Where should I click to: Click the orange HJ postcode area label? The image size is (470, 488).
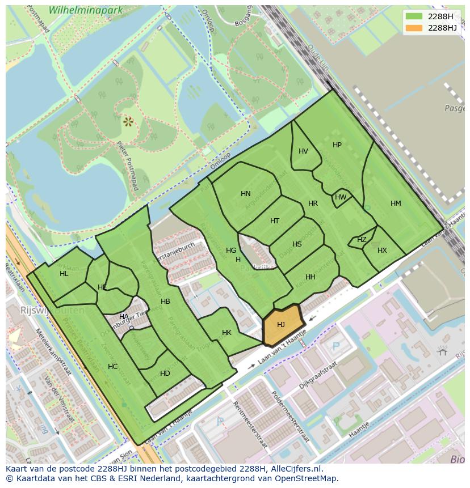pos(281,325)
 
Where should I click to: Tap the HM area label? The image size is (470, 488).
pos(396,203)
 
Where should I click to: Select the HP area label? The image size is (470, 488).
pos(337,145)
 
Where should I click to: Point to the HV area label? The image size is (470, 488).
pos(303,151)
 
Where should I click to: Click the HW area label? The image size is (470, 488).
pos(341,197)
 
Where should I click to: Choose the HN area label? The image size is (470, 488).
pos(245,194)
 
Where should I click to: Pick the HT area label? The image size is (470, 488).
pos(275,221)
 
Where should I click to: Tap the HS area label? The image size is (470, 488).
pos(297,244)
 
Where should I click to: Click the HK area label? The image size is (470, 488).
pos(226,333)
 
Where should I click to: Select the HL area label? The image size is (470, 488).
pos(64,274)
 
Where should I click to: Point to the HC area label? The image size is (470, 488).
pos(112,367)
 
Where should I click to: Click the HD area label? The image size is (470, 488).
pos(165,374)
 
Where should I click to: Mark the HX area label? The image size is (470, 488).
pos(382,251)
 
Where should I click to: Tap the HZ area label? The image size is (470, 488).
pos(362,240)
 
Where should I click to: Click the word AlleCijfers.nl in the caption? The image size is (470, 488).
pos(295,469)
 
